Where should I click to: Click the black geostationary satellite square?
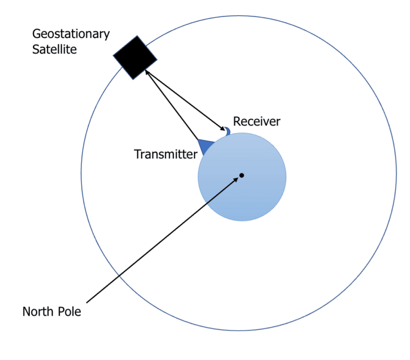point(135,57)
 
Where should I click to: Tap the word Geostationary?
point(71,34)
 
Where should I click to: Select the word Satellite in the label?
point(54,50)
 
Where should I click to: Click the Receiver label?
point(257,121)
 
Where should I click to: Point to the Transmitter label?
point(165,154)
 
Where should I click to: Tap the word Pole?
point(70,311)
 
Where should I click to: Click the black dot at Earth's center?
point(242,175)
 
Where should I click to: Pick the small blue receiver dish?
point(227,131)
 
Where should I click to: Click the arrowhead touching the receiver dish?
point(222,129)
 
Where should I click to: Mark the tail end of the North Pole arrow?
point(87,302)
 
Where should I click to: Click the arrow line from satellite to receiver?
point(184,101)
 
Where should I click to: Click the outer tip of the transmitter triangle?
point(198,140)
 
